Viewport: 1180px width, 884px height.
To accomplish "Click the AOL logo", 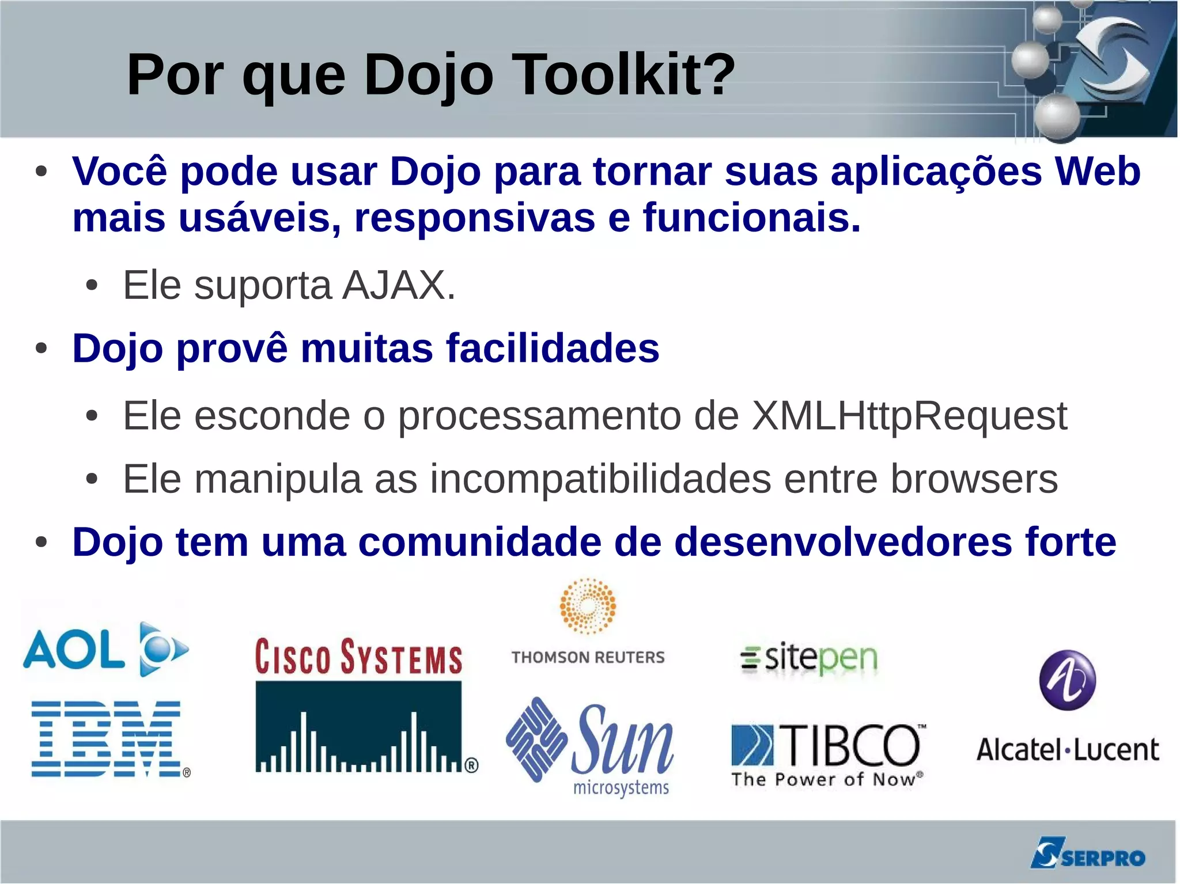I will click(x=105, y=650).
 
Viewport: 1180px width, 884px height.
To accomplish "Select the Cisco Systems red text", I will click(x=358, y=657).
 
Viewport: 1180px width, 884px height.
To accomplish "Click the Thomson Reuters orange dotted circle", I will click(x=588, y=606).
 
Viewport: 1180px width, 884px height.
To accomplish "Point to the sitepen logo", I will click(x=809, y=658).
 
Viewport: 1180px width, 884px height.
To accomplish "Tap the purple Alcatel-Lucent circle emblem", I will click(x=1068, y=680).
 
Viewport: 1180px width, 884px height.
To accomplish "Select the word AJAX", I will click(x=398, y=285).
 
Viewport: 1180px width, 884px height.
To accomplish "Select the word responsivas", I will click(x=474, y=218).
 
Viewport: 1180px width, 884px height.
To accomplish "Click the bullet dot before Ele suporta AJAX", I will click(x=92, y=286).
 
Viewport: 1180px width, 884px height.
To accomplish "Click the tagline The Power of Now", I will click(x=826, y=780).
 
